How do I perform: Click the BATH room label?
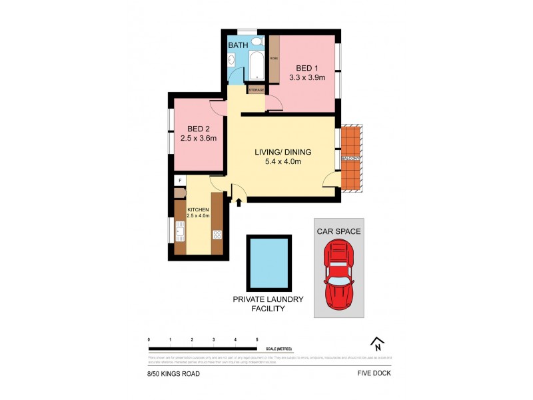[239, 45]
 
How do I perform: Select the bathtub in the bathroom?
[257, 67]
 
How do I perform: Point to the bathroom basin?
[232, 61]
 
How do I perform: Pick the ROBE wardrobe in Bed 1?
[273, 59]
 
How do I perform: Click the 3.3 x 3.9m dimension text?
[306, 77]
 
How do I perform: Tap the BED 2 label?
[199, 129]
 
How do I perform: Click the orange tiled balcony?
[350, 157]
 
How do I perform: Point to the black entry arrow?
[239, 201]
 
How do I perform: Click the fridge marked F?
[179, 180]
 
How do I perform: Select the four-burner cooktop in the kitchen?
[217, 233]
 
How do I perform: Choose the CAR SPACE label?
[338, 231]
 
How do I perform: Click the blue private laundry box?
[268, 262]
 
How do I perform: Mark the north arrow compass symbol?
[378, 343]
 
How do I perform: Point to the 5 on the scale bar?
[257, 340]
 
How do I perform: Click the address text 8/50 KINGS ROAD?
[173, 373]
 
